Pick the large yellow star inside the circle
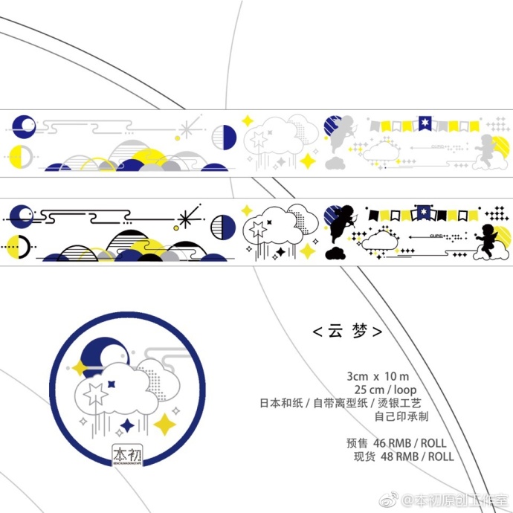click(165, 424)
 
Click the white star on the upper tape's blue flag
click(425, 122)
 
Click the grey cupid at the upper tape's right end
click(486, 153)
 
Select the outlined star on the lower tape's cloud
click(258, 229)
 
